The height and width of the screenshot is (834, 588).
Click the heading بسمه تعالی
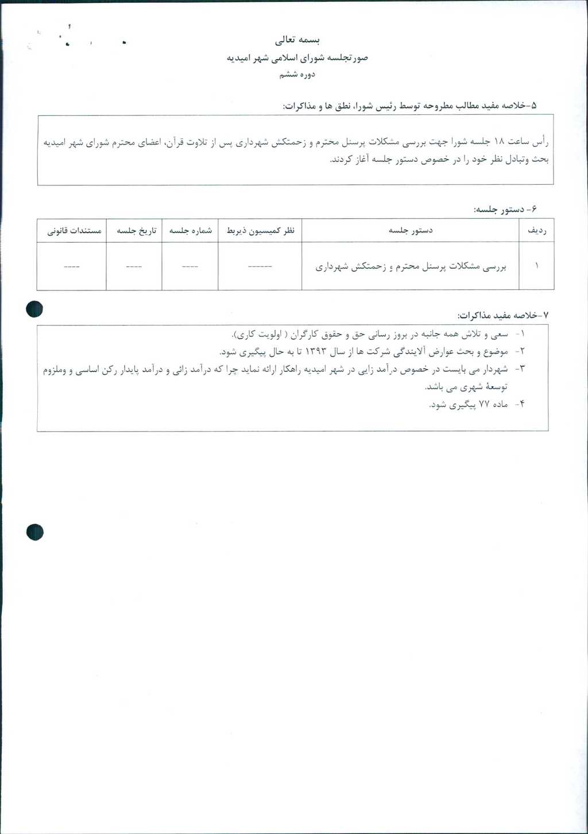pos(297,40)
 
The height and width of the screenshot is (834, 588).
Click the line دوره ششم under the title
pos(297,75)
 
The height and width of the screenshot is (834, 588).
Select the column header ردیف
pos(536,230)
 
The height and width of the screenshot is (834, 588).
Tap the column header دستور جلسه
pos(411,230)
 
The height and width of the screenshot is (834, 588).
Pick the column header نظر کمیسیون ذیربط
pos(260,230)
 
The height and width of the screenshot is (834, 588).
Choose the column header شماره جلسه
pos(190,230)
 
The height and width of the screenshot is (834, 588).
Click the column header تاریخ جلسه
pos(136,230)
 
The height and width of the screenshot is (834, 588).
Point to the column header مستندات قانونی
pos(74,230)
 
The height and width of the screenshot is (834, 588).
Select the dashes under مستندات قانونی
pos(72,266)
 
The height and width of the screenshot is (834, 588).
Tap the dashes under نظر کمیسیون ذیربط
pos(260,266)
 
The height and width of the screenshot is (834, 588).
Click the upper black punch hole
pos(34,309)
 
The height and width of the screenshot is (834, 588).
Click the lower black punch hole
pos(34,532)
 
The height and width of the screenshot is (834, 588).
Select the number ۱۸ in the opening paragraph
pos(498,142)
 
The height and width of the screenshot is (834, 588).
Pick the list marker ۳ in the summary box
pos(522,369)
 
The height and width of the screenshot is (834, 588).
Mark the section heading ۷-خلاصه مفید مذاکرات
pos(503,316)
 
